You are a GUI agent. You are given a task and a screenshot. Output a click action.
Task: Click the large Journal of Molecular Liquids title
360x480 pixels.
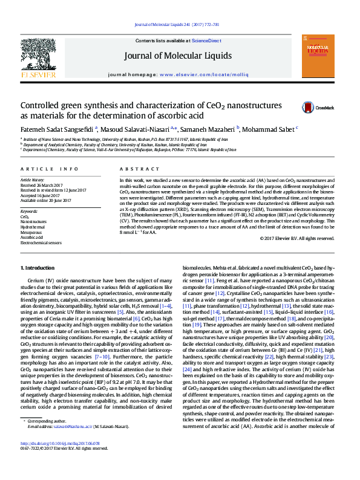tap(178, 56)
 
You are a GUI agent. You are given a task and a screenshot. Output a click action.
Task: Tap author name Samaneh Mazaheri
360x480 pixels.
tap(210, 129)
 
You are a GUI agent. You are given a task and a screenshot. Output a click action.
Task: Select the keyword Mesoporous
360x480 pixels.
tap(32, 232)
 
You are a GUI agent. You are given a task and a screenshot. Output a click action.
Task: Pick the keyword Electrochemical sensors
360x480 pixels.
tap(41, 242)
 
